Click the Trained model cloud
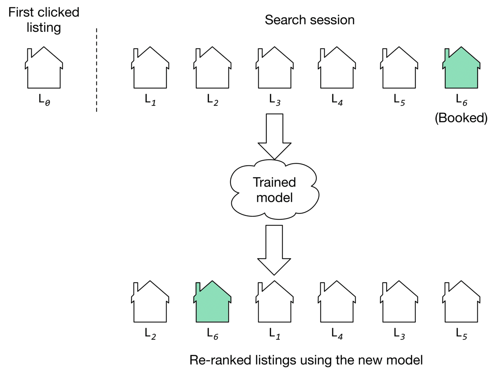click(x=274, y=189)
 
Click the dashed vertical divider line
click(x=96, y=70)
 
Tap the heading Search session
click(x=309, y=19)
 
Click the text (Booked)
click(x=461, y=118)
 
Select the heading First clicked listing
click(x=44, y=19)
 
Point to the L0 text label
click(x=44, y=99)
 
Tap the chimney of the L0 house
click(x=29, y=54)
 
